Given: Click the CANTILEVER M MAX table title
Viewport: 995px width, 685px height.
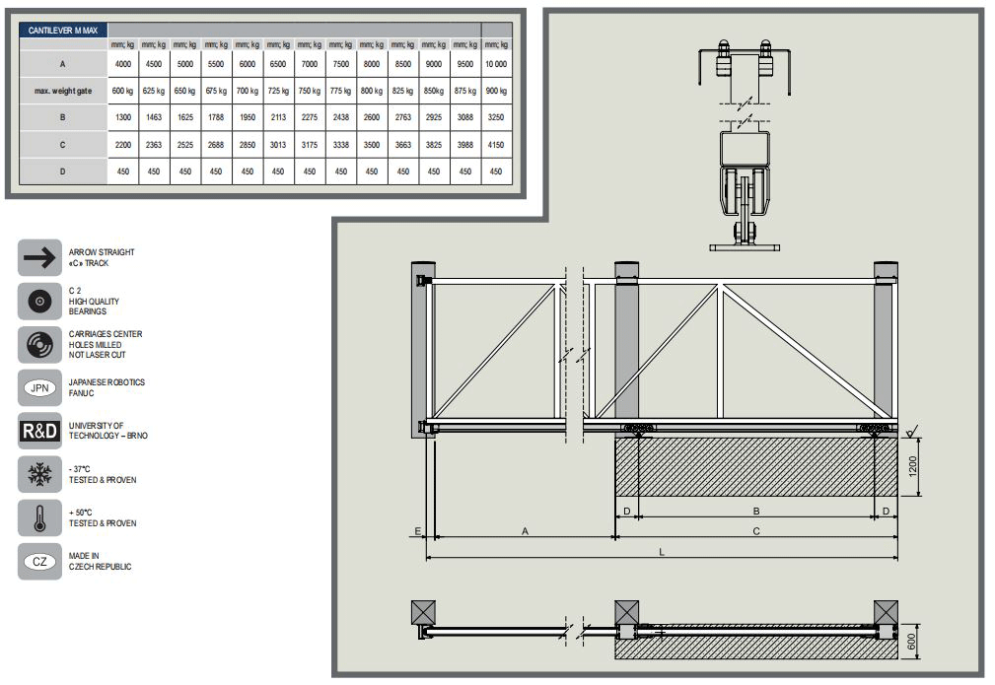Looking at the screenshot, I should (x=62, y=31).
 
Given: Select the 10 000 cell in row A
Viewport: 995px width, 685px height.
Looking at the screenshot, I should (x=495, y=64).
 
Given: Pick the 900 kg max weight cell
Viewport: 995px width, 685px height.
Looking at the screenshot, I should (x=495, y=91).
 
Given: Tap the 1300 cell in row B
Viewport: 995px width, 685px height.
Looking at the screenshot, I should (x=122, y=117).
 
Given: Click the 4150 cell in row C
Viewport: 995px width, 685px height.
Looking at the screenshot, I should (x=495, y=144).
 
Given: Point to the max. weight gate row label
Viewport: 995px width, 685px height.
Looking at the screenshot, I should (x=63, y=91).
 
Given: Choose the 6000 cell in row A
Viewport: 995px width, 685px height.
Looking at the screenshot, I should (x=247, y=64).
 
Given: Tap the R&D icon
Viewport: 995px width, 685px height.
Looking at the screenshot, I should (x=40, y=431).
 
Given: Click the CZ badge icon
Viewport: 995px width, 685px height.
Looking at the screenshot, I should (x=40, y=562).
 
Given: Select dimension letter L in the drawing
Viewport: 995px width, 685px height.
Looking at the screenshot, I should (x=662, y=552).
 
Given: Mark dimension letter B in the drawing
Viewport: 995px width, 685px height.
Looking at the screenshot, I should (x=756, y=511).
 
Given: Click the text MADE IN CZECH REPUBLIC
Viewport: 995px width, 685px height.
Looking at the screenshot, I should (x=100, y=562).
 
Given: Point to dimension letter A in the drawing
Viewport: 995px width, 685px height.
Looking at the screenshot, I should (x=525, y=531).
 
